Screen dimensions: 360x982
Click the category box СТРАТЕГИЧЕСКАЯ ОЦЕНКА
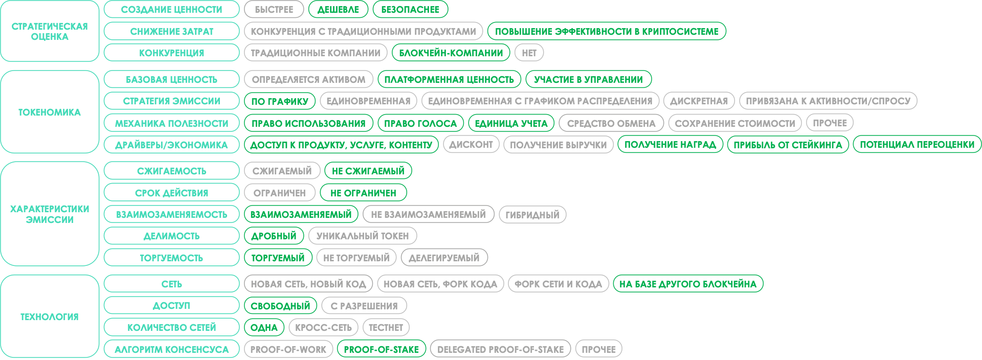(50, 31)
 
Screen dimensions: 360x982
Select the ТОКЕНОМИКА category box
(50, 112)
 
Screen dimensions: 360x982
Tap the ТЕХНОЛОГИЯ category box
(50, 317)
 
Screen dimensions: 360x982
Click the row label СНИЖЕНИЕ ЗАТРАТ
(171, 31)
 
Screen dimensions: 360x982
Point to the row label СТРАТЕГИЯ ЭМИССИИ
(171, 101)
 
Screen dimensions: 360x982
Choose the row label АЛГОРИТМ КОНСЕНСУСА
(171, 349)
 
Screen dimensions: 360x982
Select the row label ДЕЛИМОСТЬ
(171, 236)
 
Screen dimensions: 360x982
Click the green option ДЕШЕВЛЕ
(338, 9)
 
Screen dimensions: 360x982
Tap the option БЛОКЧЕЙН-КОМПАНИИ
(451, 53)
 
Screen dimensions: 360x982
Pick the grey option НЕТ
(529, 53)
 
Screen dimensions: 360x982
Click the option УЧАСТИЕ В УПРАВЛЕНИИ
(588, 79)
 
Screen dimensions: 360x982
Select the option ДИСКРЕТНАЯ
(699, 101)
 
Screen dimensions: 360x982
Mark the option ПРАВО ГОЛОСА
(420, 123)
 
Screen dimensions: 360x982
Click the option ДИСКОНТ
(471, 145)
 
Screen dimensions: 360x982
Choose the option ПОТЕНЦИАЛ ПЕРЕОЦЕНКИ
(917, 145)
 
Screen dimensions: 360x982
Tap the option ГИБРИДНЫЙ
(532, 214)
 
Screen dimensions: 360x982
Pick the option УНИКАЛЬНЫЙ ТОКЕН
(363, 236)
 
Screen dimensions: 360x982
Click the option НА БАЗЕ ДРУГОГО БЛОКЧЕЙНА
(688, 284)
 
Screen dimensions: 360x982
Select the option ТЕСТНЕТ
(386, 327)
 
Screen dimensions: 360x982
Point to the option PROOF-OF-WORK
(288, 349)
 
